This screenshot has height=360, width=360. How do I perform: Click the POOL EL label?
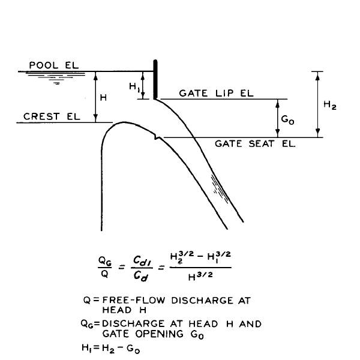pos(54,65)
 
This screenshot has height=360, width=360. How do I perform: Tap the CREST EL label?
pos(52,116)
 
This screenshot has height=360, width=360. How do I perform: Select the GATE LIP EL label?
pos(216,93)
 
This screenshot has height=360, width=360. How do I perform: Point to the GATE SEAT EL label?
pos(255,144)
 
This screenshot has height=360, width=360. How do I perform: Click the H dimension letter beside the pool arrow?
pos(103,98)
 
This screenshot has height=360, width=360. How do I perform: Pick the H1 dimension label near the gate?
pos(134,87)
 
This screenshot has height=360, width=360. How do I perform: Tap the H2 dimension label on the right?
pos(330,105)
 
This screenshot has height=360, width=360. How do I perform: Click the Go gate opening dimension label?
pos(287,119)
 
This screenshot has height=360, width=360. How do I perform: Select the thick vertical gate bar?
pos(155,79)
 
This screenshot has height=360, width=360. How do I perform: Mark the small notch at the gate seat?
pos(157,137)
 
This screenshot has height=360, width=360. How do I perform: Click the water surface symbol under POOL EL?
pos(56,77)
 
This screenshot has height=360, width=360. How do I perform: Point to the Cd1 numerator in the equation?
pos(142,260)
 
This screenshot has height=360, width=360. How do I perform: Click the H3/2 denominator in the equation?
pos(200,276)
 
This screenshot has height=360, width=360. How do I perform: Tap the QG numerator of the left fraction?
pos(105,261)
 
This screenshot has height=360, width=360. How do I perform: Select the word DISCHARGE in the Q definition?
pos(202,301)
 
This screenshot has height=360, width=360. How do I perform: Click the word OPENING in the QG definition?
pos(160,334)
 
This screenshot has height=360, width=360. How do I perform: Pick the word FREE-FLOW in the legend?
pos(134,301)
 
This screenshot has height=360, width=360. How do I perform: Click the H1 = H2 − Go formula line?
pos(110,349)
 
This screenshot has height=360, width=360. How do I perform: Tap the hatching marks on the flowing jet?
pos(220,189)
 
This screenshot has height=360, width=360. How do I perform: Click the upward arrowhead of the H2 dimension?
pos(317,77)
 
